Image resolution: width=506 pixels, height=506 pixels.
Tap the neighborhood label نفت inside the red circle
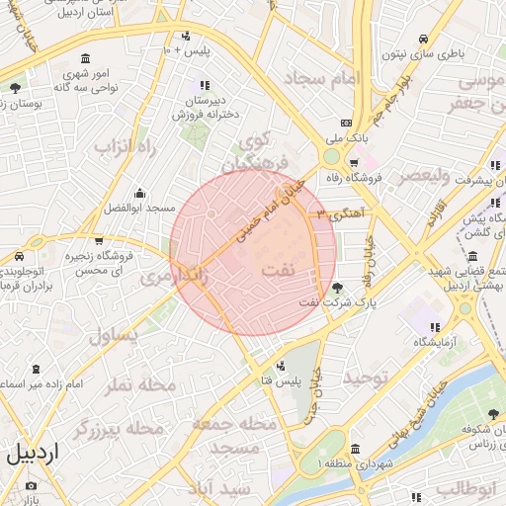pyautogui.click(x=279, y=270)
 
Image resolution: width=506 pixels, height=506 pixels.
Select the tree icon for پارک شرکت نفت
pyautogui.click(x=339, y=289)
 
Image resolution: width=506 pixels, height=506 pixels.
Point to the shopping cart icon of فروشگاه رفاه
pyautogui.click(x=354, y=163)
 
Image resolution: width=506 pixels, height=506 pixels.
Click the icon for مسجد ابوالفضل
pyautogui.click(x=139, y=193)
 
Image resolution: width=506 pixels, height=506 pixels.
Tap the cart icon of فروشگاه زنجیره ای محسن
pyautogui.click(x=99, y=240)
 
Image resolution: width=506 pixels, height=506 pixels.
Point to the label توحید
pyautogui.click(x=367, y=379)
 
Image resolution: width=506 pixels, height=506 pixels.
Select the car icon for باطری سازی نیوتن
pyautogui.click(x=424, y=40)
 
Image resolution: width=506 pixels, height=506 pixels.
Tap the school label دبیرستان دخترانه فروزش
pyautogui.click(x=209, y=108)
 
